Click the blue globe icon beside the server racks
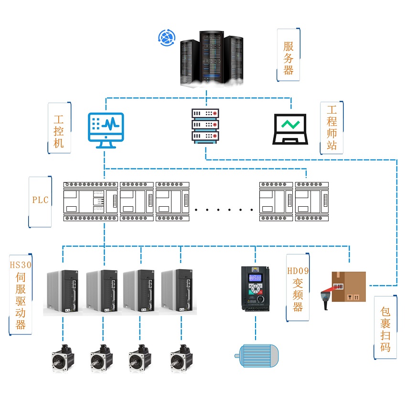(167, 38)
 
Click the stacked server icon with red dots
(205, 125)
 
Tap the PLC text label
(41, 200)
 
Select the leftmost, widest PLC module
(91, 200)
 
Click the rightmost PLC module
(312, 200)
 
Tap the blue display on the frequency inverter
(255, 278)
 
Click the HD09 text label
(298, 271)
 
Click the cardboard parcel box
(349, 286)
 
